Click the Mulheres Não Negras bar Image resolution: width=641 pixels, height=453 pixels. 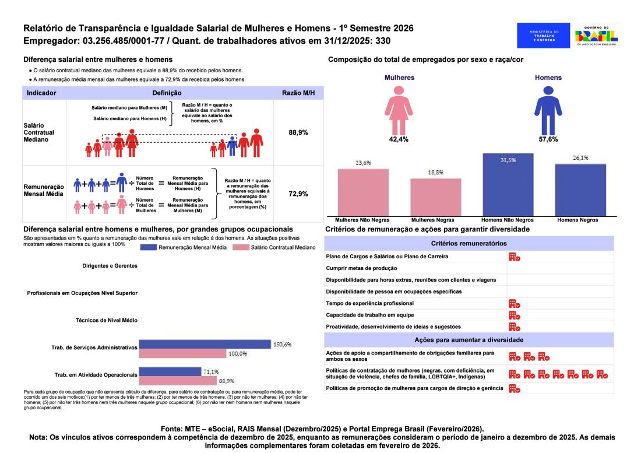pyautogui.click(x=363, y=192)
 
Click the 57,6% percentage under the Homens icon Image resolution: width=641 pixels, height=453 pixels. pyautogui.click(x=548, y=139)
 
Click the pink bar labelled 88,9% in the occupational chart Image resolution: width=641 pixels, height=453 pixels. pyautogui.click(x=177, y=381)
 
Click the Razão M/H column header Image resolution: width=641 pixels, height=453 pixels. pyautogui.click(x=298, y=93)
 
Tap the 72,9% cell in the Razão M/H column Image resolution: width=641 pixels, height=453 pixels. pyautogui.click(x=298, y=194)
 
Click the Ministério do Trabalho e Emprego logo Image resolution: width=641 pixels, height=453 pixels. pyautogui.click(x=543, y=35)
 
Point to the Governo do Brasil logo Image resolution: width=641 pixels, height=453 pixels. pyautogui.click(x=596, y=35)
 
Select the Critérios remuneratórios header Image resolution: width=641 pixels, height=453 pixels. pyautogui.click(x=469, y=243)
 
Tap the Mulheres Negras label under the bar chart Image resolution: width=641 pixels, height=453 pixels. pyautogui.click(x=432, y=220)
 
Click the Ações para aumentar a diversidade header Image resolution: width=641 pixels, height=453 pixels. pyautogui.click(x=469, y=340)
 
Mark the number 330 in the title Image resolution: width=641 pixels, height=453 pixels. pyautogui.click(x=383, y=41)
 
